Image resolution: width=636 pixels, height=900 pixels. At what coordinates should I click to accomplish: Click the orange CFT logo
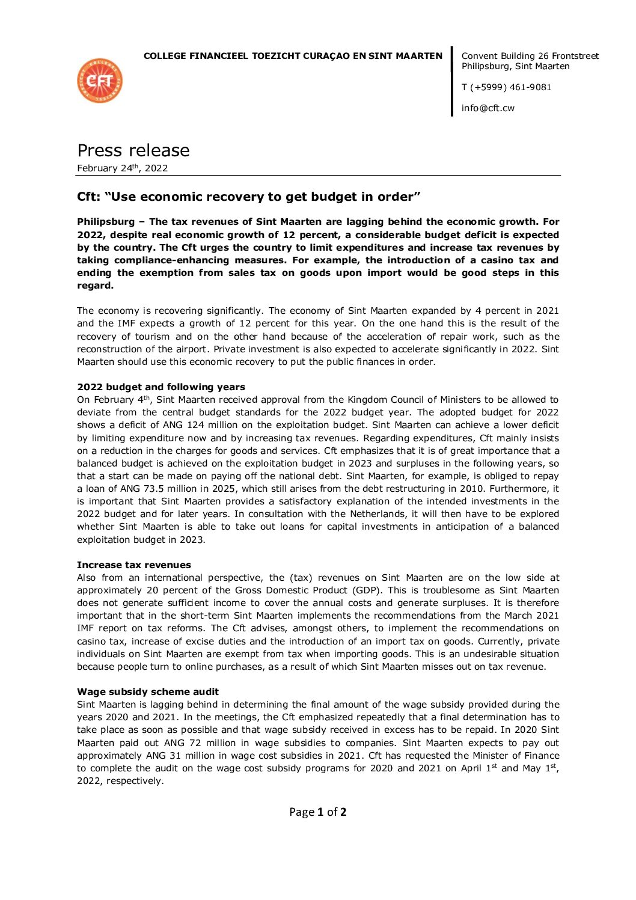coord(100,81)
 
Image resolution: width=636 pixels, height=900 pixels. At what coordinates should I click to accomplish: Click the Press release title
coord(133,150)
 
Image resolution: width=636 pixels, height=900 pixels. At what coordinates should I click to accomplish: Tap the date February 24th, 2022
coord(123,168)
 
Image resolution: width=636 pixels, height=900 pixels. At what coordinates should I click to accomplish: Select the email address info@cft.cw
coord(488,108)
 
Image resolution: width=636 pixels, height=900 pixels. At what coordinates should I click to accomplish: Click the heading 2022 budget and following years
coord(161,387)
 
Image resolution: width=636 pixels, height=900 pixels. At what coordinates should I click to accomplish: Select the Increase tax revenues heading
coord(133,565)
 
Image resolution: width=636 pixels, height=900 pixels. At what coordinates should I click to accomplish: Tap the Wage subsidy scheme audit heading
coord(147,692)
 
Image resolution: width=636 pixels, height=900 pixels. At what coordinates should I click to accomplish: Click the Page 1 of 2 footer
coord(317,812)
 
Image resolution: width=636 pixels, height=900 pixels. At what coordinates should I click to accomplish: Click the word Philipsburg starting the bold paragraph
coord(106,222)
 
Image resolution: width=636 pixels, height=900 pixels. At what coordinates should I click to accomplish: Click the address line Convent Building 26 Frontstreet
coord(530,56)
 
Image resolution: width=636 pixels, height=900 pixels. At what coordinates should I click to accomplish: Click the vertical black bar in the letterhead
coord(452,81)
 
